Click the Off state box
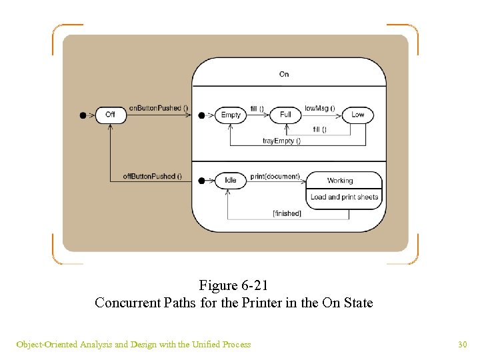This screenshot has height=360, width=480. [x=110, y=115]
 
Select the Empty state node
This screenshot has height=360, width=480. [x=231, y=115]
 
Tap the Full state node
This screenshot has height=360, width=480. [x=286, y=115]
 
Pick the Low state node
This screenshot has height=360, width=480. [x=358, y=115]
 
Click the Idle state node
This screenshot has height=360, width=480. [x=231, y=180]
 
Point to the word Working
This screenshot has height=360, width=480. [x=340, y=181]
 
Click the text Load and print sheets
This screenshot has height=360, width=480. [x=344, y=197]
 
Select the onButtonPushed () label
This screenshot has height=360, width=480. [x=159, y=108]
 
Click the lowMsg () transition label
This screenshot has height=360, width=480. [x=320, y=108]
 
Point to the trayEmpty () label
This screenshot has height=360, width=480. [x=281, y=141]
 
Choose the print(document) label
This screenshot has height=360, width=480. [x=275, y=177]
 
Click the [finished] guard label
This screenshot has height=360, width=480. [x=287, y=213]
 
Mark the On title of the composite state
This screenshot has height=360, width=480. [x=284, y=74]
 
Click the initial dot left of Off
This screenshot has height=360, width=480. [x=83, y=115]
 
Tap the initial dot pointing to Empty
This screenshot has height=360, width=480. [x=202, y=115]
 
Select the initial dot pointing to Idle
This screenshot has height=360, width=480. [x=202, y=180]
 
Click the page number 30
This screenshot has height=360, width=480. [x=462, y=345]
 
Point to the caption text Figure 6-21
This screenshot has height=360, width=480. [x=233, y=286]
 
